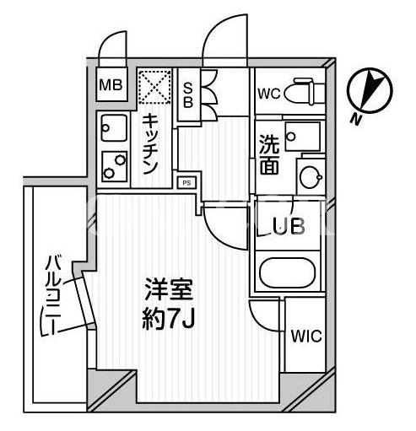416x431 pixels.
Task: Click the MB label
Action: [x=111, y=84]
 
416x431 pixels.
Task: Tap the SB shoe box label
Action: [x=188, y=96]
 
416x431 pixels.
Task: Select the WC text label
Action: [x=269, y=94]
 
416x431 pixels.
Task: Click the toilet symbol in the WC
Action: [x=305, y=92]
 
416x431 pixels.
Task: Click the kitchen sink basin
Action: [x=114, y=128]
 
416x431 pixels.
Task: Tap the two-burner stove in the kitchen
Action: [x=114, y=166]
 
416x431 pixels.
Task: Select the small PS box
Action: [x=186, y=183]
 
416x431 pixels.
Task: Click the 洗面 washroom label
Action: [x=269, y=154]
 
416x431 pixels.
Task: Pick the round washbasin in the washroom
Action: [x=311, y=177]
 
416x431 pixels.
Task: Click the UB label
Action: [x=289, y=225]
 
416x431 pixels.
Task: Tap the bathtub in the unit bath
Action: [x=287, y=272]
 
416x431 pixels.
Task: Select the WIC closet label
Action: [x=306, y=336]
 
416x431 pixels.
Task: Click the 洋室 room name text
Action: [x=169, y=289]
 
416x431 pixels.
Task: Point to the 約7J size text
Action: [x=168, y=319]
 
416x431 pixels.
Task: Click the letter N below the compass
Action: [x=356, y=119]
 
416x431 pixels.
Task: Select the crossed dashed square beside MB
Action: [x=154, y=87]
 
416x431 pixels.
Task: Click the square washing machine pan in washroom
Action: [x=302, y=137]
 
